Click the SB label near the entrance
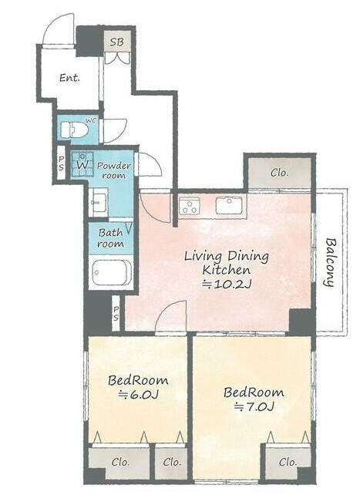pyautogui.click(x=116, y=42)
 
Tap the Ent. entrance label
pyautogui.click(x=69, y=78)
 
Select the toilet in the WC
pyautogui.click(x=74, y=130)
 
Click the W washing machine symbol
pyautogui.click(x=82, y=165)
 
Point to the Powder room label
pyautogui.click(x=113, y=170)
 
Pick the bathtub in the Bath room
pyautogui.click(x=112, y=272)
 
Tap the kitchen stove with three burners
pyautogui.click(x=190, y=207)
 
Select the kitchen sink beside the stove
pyautogui.click(x=229, y=206)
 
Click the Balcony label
pyautogui.click(x=331, y=262)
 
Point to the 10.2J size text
pyautogui.click(x=227, y=285)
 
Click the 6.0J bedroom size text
pyautogui.click(x=138, y=395)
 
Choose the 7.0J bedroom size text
pyautogui.click(x=254, y=407)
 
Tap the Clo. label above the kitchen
pyautogui.click(x=280, y=173)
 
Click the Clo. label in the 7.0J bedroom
pyautogui.click(x=288, y=462)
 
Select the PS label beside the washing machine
pyautogui.click(x=61, y=162)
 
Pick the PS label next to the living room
pyautogui.click(x=116, y=313)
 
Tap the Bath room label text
pyautogui.click(x=110, y=238)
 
